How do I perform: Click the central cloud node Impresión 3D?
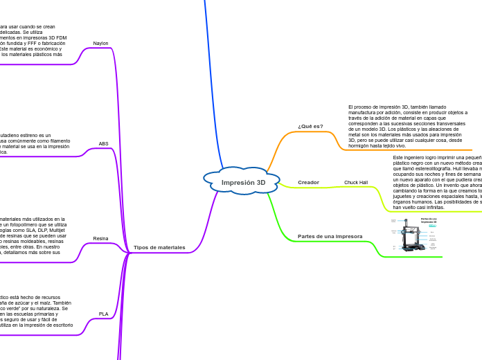pyautogui.click(x=243, y=183)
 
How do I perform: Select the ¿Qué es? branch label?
pyautogui.click(x=310, y=126)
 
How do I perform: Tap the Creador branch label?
pyautogui.click(x=308, y=182)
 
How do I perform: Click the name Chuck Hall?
pyautogui.click(x=356, y=183)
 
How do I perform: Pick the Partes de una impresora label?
pyautogui.click(x=330, y=236)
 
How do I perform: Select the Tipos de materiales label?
pyautogui.click(x=159, y=247)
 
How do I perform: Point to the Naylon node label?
pyautogui.click(x=100, y=43)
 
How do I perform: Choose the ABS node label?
pyautogui.click(x=103, y=144)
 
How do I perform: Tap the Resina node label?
pyautogui.click(x=100, y=238)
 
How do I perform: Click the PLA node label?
pyautogui.click(x=103, y=314)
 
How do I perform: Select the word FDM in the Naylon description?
pyautogui.click(x=61, y=38)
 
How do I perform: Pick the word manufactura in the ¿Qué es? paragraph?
pyautogui.click(x=364, y=112)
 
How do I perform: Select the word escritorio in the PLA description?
pyautogui.click(x=60, y=325)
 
